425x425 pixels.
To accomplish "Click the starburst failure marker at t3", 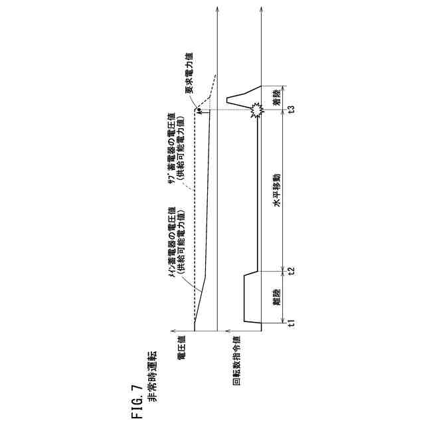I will tap(256, 111).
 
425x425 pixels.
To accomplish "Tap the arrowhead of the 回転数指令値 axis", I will tap(228, 330).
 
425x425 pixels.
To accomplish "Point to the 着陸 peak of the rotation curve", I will tap(228, 98).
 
